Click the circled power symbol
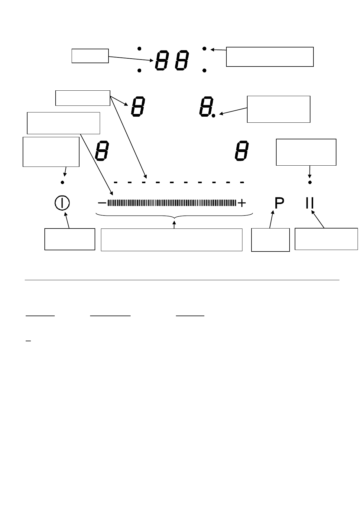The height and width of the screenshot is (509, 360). point(62,203)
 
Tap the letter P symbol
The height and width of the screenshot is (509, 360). point(279,203)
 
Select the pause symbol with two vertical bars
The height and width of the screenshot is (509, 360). point(310,203)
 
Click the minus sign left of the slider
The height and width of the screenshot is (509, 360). point(102,203)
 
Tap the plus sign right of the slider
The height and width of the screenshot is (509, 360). point(242,203)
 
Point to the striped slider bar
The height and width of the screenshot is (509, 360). point(172,203)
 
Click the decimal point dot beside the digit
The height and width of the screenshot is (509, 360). point(213,115)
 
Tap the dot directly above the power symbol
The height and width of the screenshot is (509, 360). point(62,182)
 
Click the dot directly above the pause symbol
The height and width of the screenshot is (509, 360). point(310,182)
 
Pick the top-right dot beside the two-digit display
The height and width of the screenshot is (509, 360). point(204,48)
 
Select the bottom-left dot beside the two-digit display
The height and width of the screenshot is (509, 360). point(139,70)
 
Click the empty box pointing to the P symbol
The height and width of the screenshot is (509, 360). point(270,240)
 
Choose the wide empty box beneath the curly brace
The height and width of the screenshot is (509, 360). point(171,240)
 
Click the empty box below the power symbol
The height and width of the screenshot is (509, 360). point(70,239)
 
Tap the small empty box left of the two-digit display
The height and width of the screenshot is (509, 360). point(90,56)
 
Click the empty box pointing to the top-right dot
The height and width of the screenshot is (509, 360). point(270,57)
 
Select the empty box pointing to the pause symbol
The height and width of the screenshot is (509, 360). point(326,239)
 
